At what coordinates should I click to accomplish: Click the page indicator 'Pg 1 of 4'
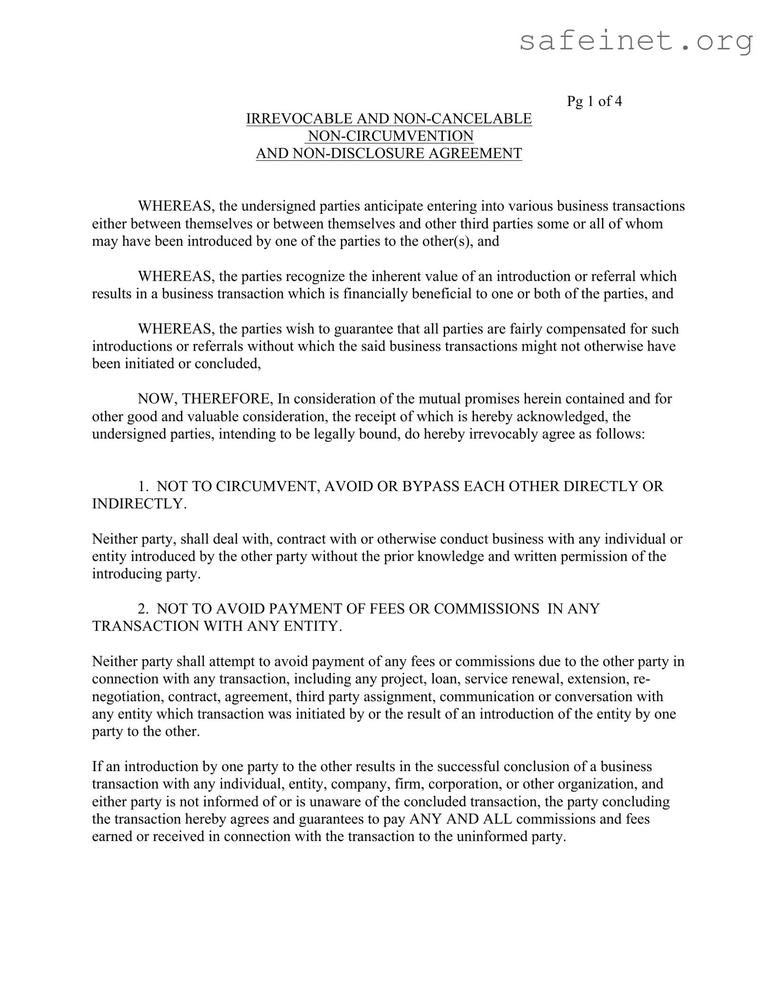tap(594, 101)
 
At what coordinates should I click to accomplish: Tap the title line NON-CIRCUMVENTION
tap(390, 136)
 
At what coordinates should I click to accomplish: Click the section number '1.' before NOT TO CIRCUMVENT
tap(144, 486)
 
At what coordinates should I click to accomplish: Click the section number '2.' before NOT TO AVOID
tap(144, 609)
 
